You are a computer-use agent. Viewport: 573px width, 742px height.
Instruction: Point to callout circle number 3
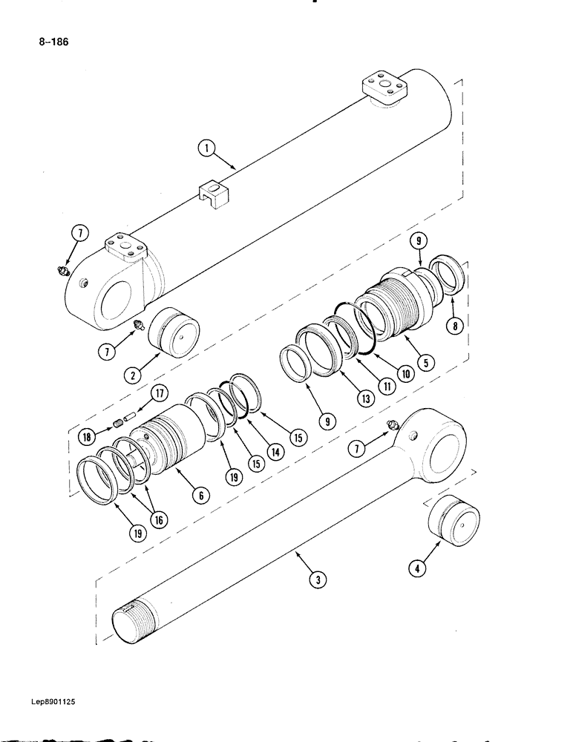point(317,581)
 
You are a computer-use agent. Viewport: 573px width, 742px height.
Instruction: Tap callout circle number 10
point(405,375)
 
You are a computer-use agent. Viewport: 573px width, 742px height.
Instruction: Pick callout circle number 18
point(88,438)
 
